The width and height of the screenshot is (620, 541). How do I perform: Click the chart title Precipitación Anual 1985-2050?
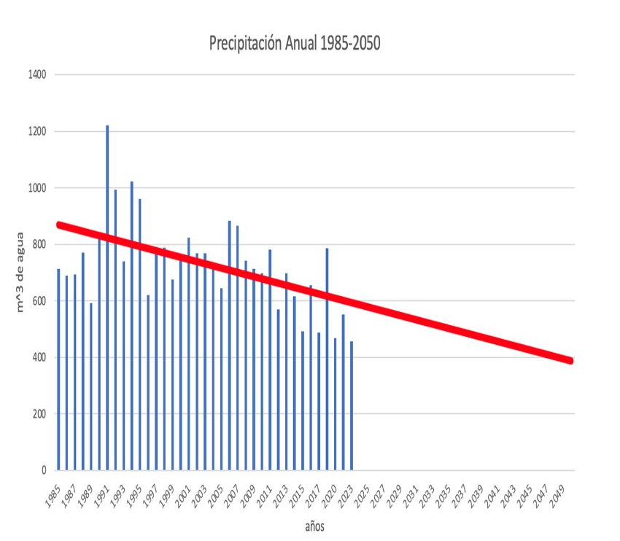coord(295,44)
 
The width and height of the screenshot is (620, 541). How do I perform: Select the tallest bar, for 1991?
coord(107,292)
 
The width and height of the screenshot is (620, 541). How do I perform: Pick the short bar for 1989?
coord(91,386)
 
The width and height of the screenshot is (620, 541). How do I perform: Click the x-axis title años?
coord(314,525)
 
